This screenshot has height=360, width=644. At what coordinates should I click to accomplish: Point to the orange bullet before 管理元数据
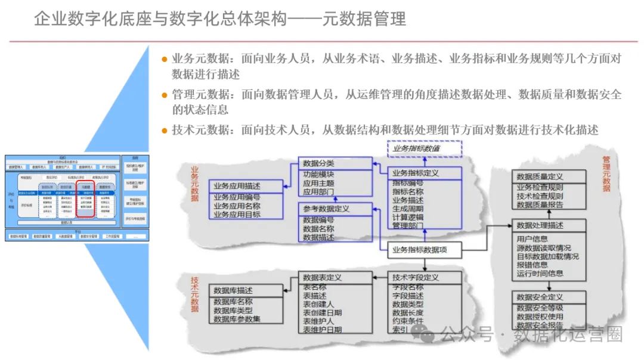(x=165, y=95)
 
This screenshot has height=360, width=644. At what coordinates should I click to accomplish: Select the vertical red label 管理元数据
(x=606, y=173)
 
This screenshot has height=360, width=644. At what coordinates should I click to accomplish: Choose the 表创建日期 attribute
(x=322, y=312)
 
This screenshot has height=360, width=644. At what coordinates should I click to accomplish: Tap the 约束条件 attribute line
(x=408, y=321)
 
